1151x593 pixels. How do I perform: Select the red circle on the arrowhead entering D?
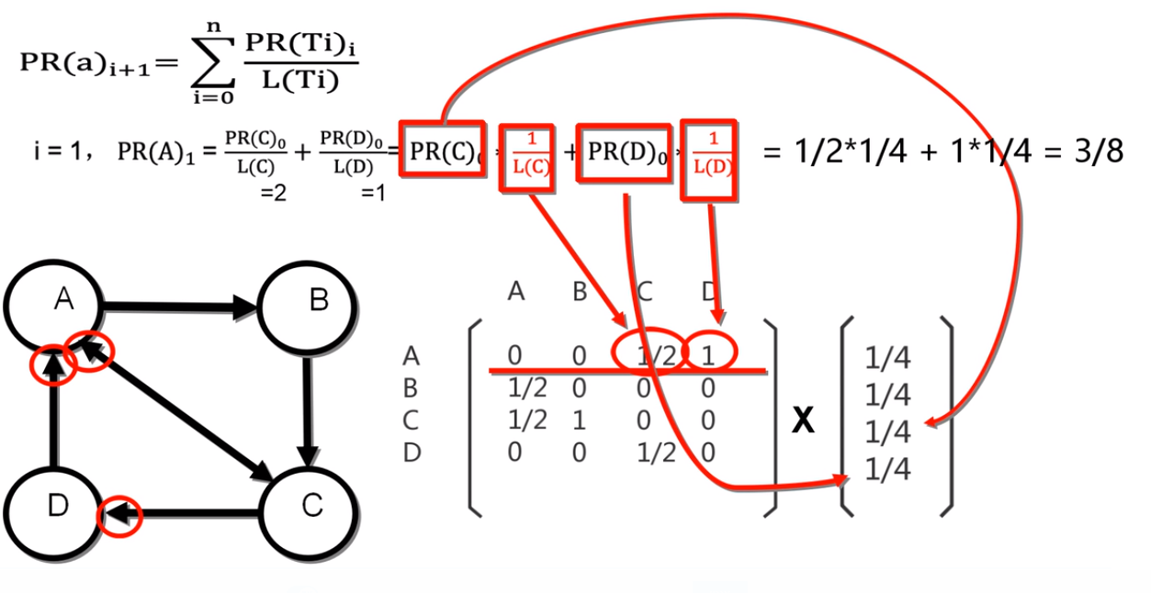(120, 516)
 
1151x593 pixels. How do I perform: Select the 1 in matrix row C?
(579, 420)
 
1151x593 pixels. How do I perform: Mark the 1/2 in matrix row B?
(527, 388)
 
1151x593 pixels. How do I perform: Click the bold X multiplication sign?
(805, 420)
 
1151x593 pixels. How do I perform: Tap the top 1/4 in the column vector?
(887, 358)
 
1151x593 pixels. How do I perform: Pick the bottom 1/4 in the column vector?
(887, 470)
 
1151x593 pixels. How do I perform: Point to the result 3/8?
(1100, 151)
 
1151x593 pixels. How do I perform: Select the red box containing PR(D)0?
(619, 152)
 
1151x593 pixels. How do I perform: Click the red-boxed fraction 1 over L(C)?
(526, 157)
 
